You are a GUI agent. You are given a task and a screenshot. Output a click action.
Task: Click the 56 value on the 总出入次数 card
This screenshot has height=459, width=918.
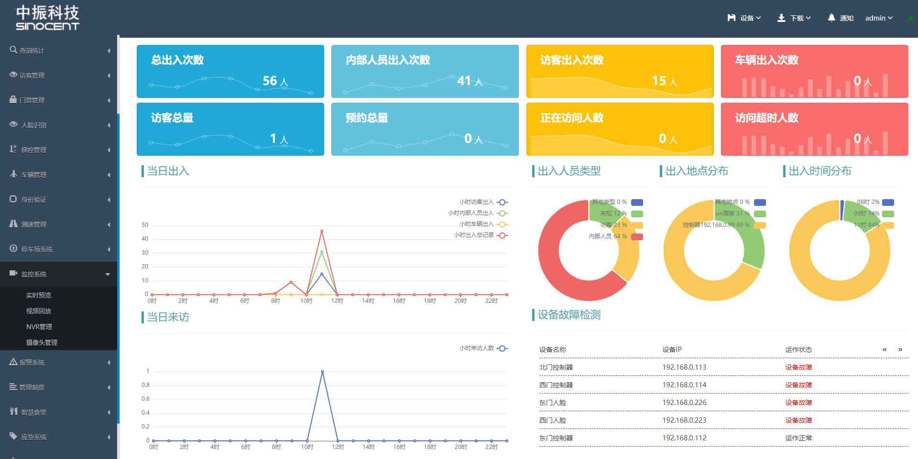tap(270, 81)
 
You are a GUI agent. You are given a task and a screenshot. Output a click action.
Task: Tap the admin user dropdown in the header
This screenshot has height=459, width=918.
tap(878, 18)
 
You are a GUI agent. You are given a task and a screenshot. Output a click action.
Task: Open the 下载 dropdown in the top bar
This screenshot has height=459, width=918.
tap(794, 18)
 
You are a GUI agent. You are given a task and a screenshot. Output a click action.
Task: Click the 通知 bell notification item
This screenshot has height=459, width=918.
tap(841, 18)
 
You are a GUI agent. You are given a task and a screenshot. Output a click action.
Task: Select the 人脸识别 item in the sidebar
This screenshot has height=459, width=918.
tap(33, 125)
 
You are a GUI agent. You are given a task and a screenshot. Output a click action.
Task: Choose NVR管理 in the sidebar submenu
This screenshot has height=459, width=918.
tap(39, 327)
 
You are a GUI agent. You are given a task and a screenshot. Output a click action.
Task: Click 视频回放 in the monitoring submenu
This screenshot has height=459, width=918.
tap(39, 311)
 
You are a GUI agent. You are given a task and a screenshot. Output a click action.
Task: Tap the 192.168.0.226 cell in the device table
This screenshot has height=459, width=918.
tap(684, 403)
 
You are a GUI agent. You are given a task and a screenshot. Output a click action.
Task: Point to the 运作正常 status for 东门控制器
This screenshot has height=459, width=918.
tap(798, 438)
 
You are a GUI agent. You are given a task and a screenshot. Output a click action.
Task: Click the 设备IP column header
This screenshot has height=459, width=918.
tap(672, 350)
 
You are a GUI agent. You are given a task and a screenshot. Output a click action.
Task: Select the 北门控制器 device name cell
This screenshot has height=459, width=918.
tap(556, 367)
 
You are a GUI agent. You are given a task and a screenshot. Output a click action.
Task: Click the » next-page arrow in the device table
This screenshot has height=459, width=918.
tap(900, 350)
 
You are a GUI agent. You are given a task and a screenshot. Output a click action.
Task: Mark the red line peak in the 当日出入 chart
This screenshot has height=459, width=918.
tap(322, 231)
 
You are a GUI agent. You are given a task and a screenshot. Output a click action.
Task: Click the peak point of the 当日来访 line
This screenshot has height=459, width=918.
tap(323, 372)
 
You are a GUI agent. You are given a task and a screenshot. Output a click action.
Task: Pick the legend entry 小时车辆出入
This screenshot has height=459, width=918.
tap(476, 224)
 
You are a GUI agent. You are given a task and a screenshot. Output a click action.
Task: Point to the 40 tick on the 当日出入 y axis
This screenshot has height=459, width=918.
tap(145, 239)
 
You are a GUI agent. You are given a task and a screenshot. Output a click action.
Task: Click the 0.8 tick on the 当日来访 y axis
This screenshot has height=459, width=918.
tap(145, 385)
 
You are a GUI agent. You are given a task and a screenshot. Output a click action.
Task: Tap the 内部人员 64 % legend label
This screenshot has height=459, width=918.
tap(608, 236)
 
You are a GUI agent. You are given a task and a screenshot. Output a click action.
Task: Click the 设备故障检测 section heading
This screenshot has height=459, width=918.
tap(569, 315)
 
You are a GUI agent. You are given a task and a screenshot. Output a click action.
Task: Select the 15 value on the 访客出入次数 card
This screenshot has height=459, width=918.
tap(659, 81)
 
